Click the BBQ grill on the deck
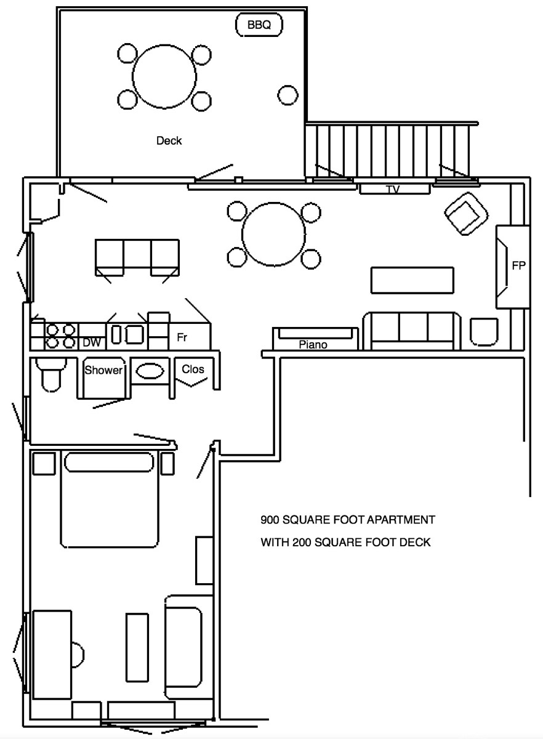259,25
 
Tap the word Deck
169,141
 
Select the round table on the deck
164,76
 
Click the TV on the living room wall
393,188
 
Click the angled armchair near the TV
466,214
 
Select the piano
314,339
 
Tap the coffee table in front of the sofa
412,280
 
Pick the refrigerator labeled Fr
182,337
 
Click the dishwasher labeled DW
92,342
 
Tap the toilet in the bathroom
50,374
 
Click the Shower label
103,371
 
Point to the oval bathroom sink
150,371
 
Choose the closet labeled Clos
193,370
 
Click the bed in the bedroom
109,499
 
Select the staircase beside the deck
392,150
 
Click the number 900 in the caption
271,520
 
